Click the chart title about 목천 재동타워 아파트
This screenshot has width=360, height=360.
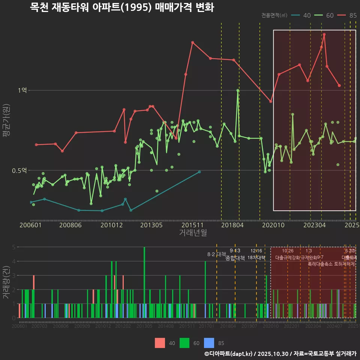(x=122, y=7)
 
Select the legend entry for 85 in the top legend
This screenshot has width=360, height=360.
(x=347, y=15)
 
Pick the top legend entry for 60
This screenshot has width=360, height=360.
(x=324, y=15)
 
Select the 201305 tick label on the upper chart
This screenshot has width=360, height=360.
(x=151, y=225)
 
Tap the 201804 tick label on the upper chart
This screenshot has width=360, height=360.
(x=232, y=225)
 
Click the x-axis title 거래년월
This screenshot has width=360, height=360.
(x=193, y=232)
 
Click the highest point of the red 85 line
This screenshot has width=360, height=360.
(x=324, y=34)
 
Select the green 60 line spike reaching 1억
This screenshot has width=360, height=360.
(x=238, y=90)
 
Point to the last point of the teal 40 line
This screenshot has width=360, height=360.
(x=199, y=172)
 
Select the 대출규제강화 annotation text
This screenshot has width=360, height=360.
(x=288, y=258)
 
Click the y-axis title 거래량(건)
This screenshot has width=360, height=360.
(x=6, y=282)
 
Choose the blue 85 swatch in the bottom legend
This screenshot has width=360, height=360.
(x=209, y=343)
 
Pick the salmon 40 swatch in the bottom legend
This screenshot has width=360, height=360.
(x=160, y=343)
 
